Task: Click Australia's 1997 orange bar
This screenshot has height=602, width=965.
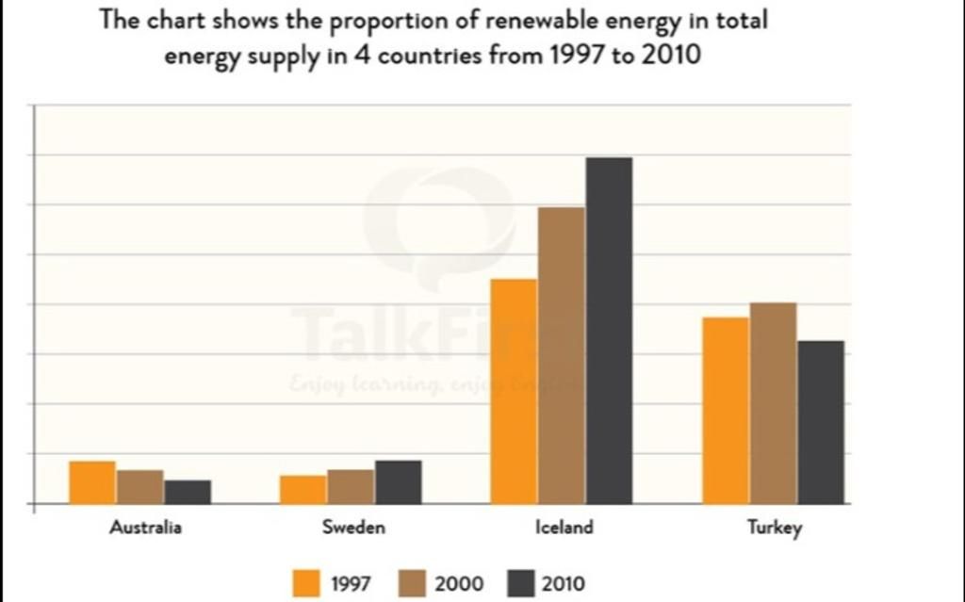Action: (x=92, y=482)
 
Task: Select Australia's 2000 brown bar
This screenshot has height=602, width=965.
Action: (x=140, y=487)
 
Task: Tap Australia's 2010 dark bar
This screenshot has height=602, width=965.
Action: (x=188, y=492)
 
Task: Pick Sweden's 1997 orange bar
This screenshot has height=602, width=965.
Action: (x=303, y=490)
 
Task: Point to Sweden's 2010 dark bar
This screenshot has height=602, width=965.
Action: (x=398, y=482)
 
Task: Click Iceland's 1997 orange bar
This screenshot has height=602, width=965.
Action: (x=514, y=391)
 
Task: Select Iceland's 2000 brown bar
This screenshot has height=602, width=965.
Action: (x=562, y=355)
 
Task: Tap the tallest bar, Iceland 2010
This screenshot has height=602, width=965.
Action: (x=609, y=330)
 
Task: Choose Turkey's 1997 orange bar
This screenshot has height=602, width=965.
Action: (x=725, y=410)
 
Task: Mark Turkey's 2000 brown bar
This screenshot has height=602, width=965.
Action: (x=773, y=403)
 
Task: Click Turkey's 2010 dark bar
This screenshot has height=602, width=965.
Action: (x=820, y=422)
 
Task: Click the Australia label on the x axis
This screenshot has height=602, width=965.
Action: (x=145, y=528)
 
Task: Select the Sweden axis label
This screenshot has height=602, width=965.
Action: (x=353, y=528)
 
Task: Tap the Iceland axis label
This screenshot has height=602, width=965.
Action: (x=564, y=528)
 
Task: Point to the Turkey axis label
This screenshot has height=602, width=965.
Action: (x=775, y=528)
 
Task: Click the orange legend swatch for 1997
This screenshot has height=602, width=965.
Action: (x=306, y=583)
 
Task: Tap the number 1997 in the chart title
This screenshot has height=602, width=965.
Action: (x=577, y=55)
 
